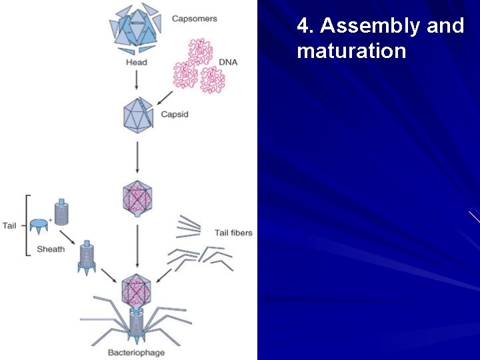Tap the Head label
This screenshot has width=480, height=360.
coord(136,63)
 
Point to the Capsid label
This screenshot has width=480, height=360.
coord(174,115)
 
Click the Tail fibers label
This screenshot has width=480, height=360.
coord(233,233)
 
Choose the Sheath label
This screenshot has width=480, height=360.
coord(51,249)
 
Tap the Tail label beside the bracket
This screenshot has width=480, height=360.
coord(9,225)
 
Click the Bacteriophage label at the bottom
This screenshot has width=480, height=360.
coord(137,352)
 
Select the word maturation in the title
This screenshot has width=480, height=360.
coord(351,51)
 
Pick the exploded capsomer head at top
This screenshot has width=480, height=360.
coord(136,28)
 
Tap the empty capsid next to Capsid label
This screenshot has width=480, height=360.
coord(138,114)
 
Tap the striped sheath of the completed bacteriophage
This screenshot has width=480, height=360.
coord(137,325)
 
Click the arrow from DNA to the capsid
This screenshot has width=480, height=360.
coord(165,99)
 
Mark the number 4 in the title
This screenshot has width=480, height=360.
coord(304,26)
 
